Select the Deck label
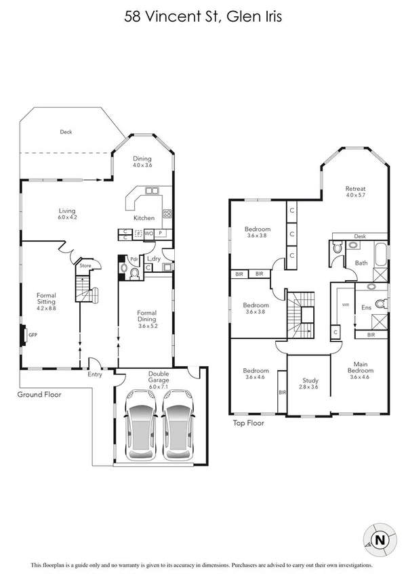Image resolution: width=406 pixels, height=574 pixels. pyautogui.click(x=66, y=132)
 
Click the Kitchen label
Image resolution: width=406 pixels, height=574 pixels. pyautogui.click(x=144, y=218)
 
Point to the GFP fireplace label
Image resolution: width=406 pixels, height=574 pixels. pyautogui.click(x=32, y=334)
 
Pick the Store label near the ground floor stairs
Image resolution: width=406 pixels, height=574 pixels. pyautogui.click(x=85, y=266)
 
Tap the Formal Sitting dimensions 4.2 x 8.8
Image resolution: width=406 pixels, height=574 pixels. pyautogui.click(x=47, y=309)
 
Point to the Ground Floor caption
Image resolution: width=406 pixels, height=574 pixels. pyautogui.click(x=40, y=393)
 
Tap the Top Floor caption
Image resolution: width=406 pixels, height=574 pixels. pyautogui.click(x=247, y=423)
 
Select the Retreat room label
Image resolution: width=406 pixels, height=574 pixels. pyautogui.click(x=356, y=188)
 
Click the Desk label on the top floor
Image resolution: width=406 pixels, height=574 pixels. pyautogui.click(x=359, y=236)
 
